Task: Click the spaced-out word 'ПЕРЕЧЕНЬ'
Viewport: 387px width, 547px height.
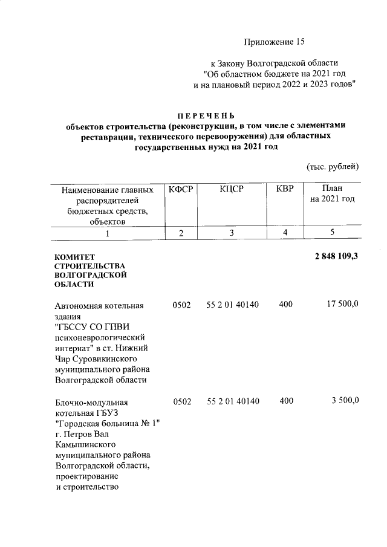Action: click(x=205, y=116)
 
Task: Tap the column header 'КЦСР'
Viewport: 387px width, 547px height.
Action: click(x=232, y=189)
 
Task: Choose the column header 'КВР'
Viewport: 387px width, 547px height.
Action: click(x=284, y=189)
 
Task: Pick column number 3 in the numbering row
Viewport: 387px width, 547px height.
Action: click(x=232, y=233)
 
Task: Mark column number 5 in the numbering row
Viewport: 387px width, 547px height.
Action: click(x=332, y=233)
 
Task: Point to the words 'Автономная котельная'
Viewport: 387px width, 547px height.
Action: click(x=99, y=305)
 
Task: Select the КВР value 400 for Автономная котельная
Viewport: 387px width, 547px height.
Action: click(x=285, y=305)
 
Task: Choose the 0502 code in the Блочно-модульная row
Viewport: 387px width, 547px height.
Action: click(x=181, y=401)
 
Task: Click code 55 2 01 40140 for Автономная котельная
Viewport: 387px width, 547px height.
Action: click(x=232, y=305)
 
